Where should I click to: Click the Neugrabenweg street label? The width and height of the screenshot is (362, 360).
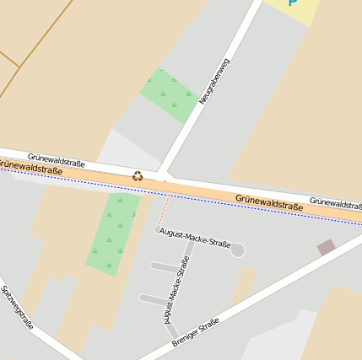pos(214,82)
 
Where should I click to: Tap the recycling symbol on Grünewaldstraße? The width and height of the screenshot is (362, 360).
pos(138,176)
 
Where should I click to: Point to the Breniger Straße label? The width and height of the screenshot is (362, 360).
pos(195,331)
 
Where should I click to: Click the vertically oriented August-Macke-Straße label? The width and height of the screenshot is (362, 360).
pos(175,290)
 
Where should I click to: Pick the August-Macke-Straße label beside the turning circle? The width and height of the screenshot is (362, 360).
pos(195,236)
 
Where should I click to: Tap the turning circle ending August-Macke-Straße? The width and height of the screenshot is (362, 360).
pos(238,250)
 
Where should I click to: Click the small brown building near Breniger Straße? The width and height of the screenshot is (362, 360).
pos(326,247)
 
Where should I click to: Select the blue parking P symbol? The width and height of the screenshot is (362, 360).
pos(294,3)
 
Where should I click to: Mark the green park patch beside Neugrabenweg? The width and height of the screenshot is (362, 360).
pos(169,94)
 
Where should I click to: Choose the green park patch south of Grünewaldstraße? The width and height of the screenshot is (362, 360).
pos(112,233)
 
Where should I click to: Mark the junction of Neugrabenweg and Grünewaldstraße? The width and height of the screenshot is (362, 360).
pos(162,177)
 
